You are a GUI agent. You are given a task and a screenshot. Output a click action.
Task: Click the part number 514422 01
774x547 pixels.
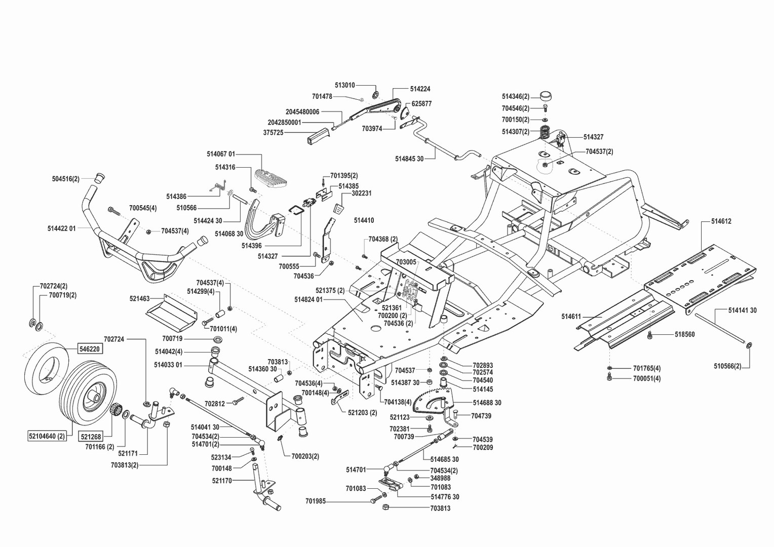click(61, 228)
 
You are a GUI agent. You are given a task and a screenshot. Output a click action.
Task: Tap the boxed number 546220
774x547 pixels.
click(89, 349)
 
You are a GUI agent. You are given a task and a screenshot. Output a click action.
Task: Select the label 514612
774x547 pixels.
click(721, 221)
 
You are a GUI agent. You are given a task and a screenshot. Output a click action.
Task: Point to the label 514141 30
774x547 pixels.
click(742, 310)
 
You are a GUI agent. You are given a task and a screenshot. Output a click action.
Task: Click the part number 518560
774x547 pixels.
click(684, 335)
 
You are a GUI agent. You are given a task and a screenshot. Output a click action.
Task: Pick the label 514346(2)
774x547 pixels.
click(515, 97)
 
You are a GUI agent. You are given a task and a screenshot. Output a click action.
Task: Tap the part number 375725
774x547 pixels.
click(273, 133)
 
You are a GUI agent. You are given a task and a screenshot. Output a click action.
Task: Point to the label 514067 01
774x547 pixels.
click(221, 153)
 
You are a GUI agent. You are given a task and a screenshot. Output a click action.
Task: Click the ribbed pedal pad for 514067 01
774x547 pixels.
click(272, 178)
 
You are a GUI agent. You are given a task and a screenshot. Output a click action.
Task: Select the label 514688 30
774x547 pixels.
click(487, 403)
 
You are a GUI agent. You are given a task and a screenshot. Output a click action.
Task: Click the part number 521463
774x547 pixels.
click(139, 299)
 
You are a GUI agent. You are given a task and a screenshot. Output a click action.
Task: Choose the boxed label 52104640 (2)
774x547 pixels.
click(47, 436)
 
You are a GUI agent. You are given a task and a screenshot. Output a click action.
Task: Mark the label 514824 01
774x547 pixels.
click(308, 299)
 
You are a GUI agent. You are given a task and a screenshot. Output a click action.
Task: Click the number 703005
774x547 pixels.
click(406, 262)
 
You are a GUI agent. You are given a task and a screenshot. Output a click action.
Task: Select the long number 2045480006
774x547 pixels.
click(302, 111)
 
